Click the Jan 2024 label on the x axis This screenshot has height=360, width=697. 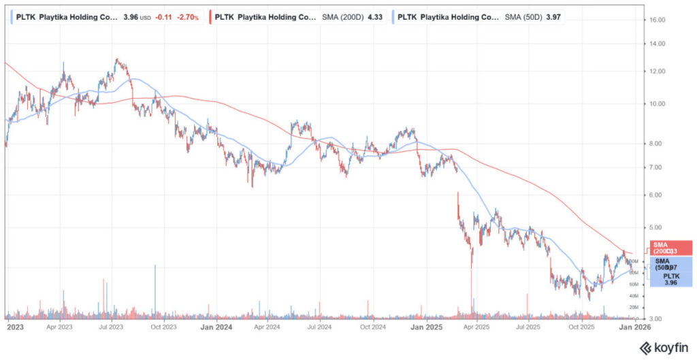coord(216,327)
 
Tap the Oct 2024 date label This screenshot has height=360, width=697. coord(372,327)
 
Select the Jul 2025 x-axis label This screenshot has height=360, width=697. coord(529,327)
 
